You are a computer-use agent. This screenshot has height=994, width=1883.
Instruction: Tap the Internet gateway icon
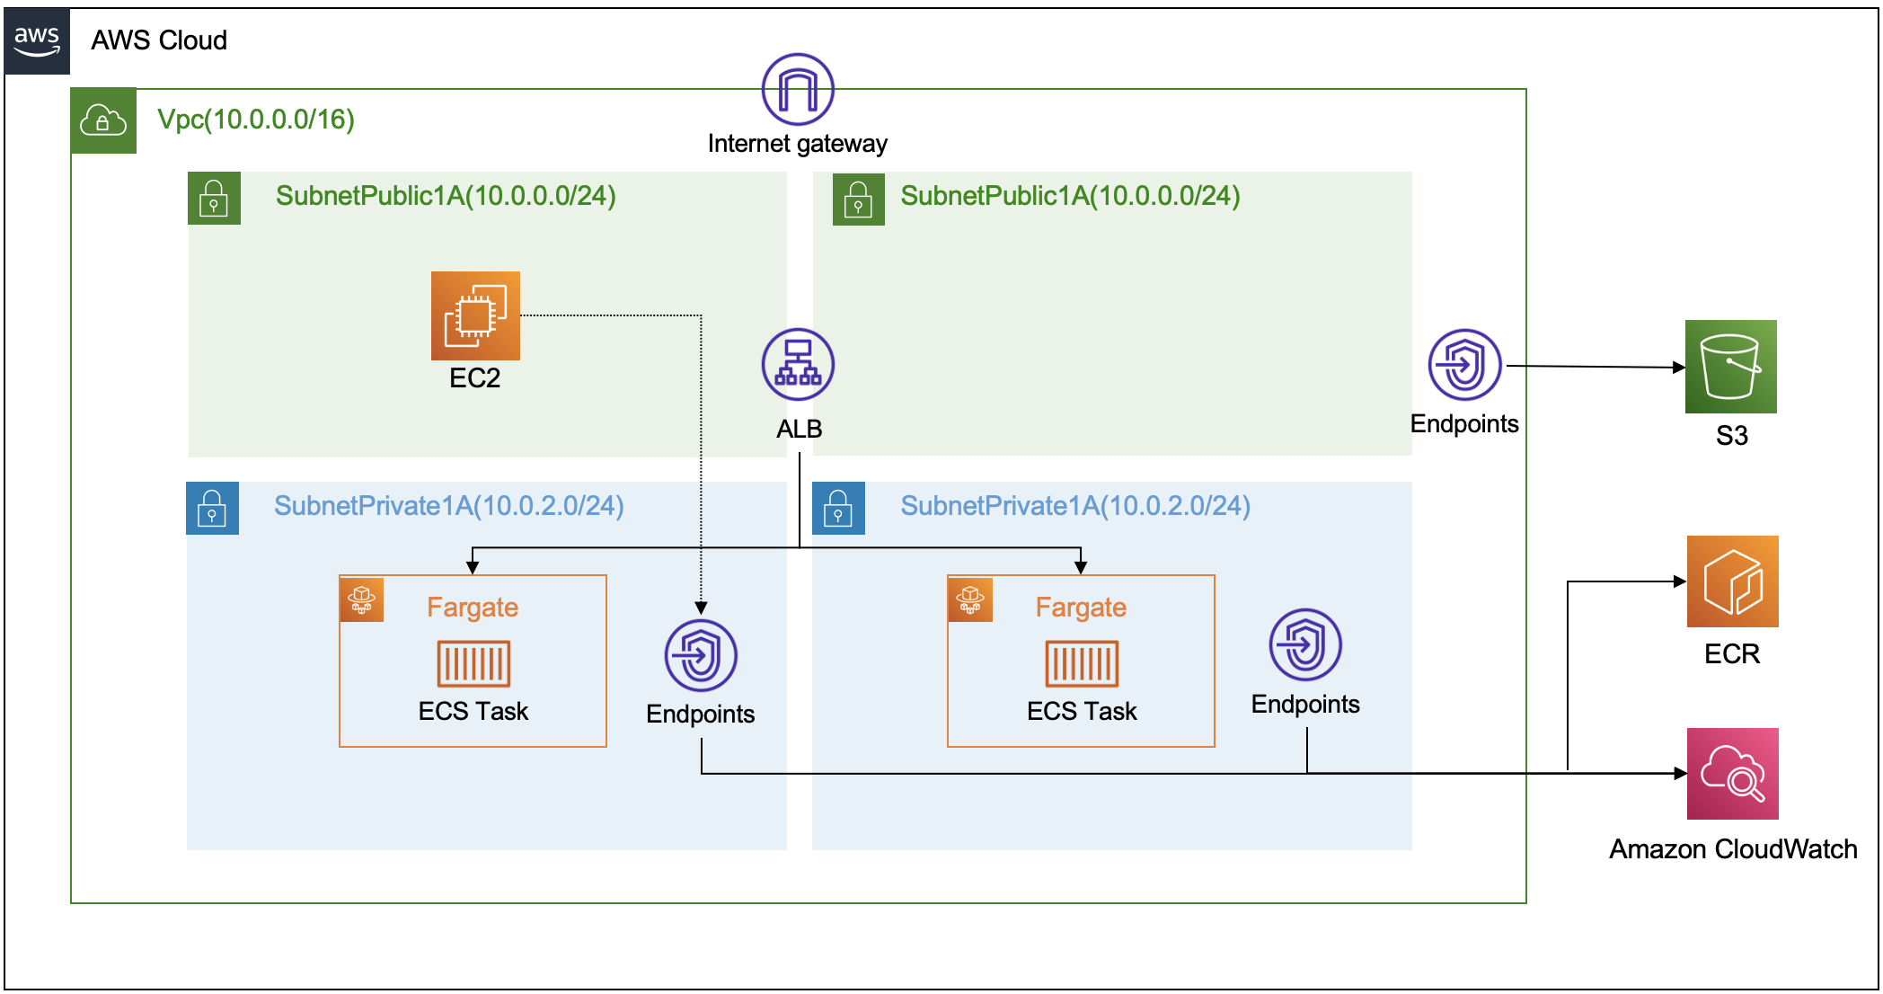pyautogui.click(x=798, y=89)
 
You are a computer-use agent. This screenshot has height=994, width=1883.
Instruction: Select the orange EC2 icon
pyautogui.click(x=475, y=315)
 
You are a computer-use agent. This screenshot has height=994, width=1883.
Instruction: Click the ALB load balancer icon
pyautogui.click(x=798, y=365)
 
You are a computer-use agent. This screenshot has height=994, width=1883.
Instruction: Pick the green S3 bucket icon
pyautogui.click(x=1730, y=367)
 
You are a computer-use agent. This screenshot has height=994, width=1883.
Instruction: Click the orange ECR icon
pyautogui.click(x=1732, y=581)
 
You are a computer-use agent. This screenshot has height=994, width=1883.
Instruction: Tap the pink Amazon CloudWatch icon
pyautogui.click(x=1732, y=774)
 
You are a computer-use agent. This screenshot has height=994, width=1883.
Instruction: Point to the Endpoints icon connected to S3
pyautogui.click(x=1464, y=365)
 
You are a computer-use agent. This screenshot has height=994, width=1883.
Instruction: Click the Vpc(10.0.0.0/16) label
pyautogui.click(x=256, y=120)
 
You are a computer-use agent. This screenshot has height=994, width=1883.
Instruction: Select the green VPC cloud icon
pyautogui.click(x=103, y=120)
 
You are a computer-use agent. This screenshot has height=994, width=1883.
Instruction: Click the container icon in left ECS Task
pyautogui.click(x=473, y=664)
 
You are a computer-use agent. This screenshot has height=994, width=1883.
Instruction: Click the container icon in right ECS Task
pyautogui.click(x=1082, y=664)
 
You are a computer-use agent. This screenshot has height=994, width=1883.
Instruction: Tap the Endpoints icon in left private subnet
pyautogui.click(x=701, y=655)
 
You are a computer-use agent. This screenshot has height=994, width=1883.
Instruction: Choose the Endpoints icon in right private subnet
pyautogui.click(x=1305, y=645)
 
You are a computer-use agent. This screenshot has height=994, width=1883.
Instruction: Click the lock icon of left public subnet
pyautogui.click(x=214, y=198)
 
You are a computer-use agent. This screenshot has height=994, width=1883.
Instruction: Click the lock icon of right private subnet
pyautogui.click(x=838, y=509)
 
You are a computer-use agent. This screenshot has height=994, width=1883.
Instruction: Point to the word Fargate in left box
pyautogui.click(x=473, y=608)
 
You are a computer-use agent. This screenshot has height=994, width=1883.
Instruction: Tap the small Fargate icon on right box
pyautogui.click(x=970, y=599)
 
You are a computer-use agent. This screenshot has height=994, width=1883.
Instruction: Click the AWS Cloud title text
pyautogui.click(x=159, y=40)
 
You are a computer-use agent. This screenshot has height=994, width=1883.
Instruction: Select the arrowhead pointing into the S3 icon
pyautogui.click(x=1678, y=367)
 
